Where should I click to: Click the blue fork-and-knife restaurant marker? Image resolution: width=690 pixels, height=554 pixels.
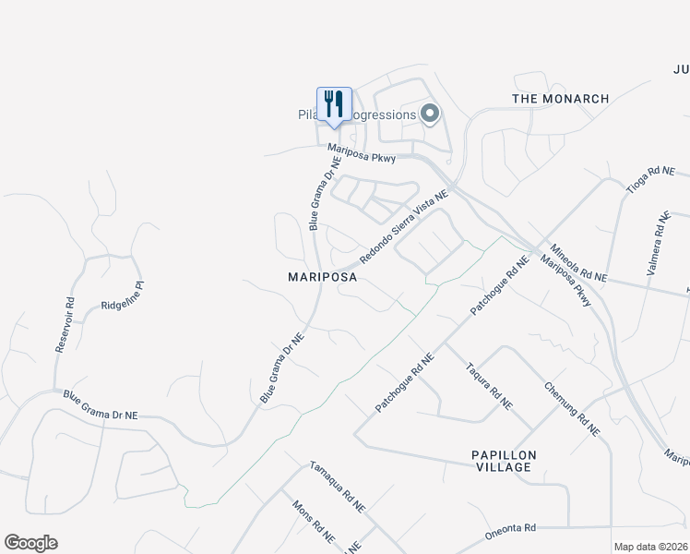click(x=334, y=105)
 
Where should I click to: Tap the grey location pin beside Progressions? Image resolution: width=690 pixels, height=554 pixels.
click(x=430, y=114)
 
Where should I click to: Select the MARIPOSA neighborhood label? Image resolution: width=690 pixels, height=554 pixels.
click(x=322, y=276)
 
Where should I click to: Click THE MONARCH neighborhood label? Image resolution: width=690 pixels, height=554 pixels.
click(x=561, y=99)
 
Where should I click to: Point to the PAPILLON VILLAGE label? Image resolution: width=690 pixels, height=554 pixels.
click(x=503, y=462)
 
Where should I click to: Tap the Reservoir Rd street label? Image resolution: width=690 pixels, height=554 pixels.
click(x=64, y=324)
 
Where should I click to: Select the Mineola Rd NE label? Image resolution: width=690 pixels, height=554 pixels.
click(x=578, y=264)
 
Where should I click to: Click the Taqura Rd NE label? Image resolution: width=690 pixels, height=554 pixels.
click(x=490, y=385)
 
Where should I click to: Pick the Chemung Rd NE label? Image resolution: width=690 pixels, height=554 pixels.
click(x=572, y=409)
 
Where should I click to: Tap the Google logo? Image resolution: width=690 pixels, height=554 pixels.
click(x=30, y=543)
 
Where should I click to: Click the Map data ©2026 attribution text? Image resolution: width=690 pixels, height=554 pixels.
click(x=651, y=547)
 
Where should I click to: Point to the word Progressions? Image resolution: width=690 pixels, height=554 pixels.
click(x=382, y=114)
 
